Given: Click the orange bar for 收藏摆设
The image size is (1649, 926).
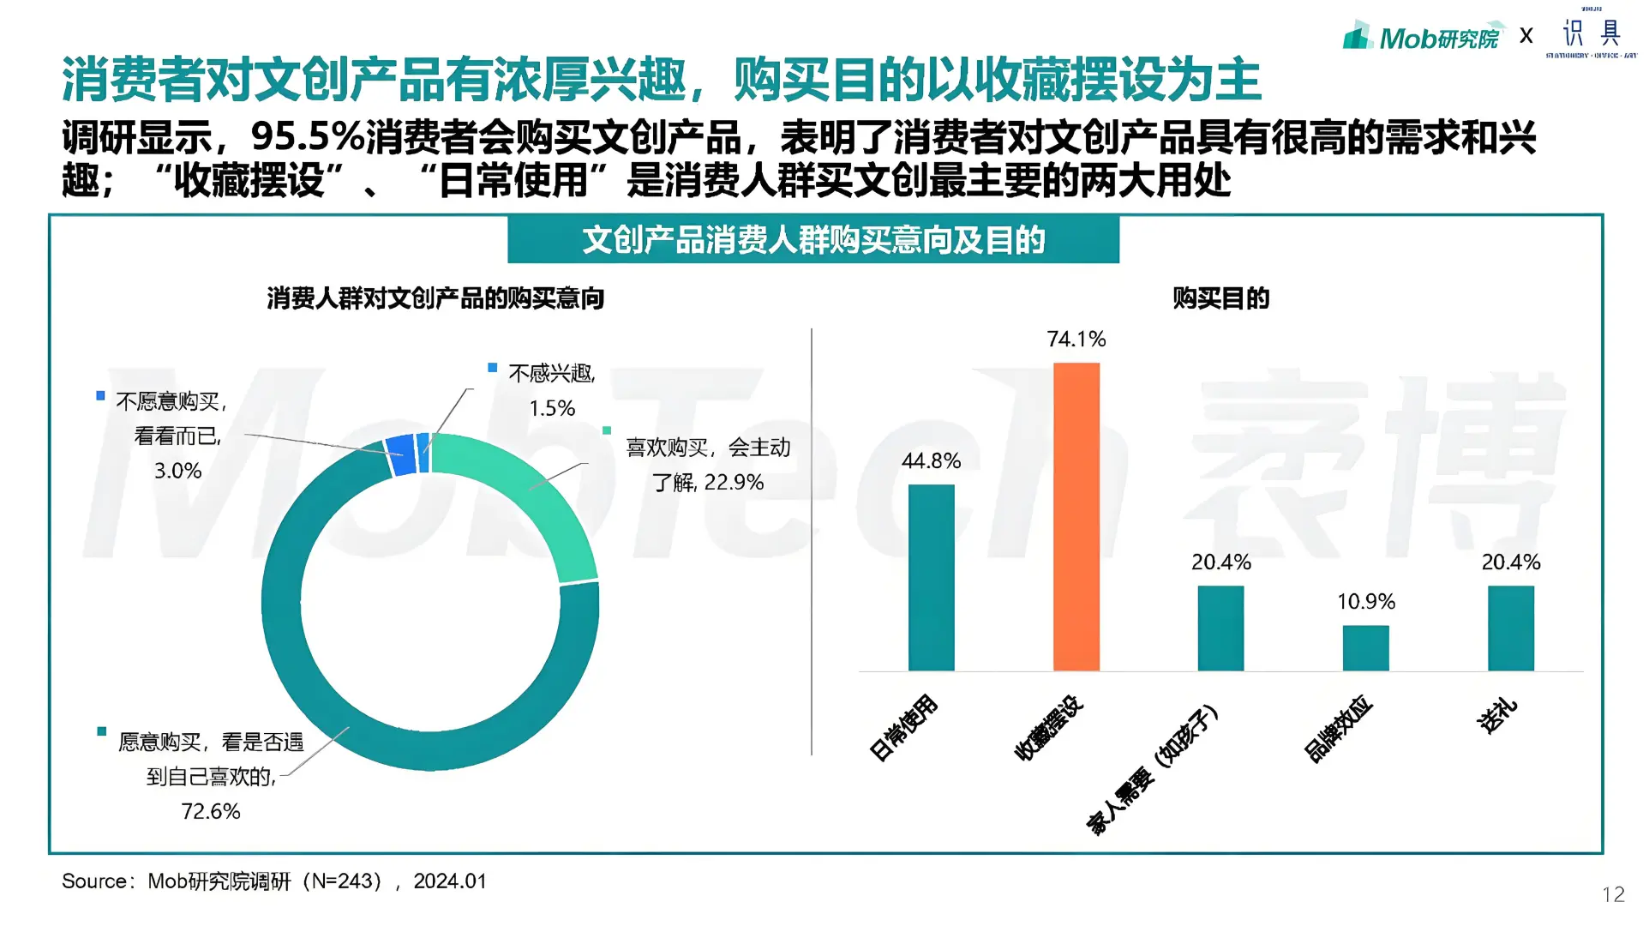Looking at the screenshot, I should (1076, 516).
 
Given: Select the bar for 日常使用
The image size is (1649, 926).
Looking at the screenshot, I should (931, 577).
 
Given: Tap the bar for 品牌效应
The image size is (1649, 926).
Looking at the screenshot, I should (1365, 647).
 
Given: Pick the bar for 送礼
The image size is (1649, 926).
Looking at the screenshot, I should (1510, 628).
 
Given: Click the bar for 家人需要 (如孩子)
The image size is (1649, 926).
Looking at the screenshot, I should (1220, 628).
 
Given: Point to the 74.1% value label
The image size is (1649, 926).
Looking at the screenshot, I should (1076, 340).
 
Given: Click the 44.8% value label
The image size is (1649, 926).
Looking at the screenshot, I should (931, 461).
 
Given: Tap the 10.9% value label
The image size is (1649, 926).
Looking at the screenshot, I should (1366, 602).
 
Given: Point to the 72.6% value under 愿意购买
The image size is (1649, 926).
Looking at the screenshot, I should (211, 811).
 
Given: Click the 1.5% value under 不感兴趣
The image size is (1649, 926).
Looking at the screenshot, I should (552, 408).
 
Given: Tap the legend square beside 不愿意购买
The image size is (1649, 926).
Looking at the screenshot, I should (100, 396).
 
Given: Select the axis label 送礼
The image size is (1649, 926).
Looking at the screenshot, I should (1497, 716).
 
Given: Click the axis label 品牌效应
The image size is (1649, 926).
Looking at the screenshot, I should (1339, 729).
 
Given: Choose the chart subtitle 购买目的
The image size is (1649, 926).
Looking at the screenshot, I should (1220, 298).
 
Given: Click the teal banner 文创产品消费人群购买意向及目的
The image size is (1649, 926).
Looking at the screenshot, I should (813, 240).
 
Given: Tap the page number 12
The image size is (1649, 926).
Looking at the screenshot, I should (1613, 895).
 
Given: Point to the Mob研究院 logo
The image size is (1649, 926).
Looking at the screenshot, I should (1423, 37).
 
